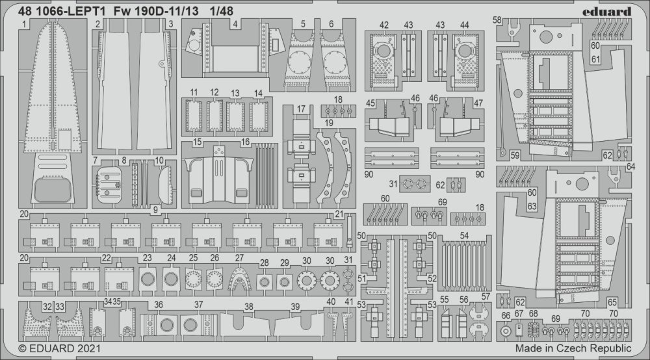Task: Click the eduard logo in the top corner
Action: pos(606,12)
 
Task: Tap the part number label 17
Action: pos(301,109)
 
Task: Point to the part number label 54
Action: pos(464,235)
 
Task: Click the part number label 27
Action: pos(239,258)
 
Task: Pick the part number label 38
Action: pos(249,307)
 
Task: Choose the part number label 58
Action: pos(497,20)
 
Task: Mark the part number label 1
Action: pos(24,25)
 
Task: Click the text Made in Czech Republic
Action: pos(573,348)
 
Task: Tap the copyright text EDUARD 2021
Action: pos(60,348)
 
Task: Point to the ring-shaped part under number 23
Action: pos(147,279)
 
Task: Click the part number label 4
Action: pos(235,24)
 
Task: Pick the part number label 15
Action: pos(198,142)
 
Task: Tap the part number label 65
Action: pos(612,302)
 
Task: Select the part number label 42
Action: pos(384,25)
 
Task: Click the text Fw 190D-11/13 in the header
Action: pos(156,11)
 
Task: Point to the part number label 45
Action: pos(370,103)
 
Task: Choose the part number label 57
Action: pos(486,296)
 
